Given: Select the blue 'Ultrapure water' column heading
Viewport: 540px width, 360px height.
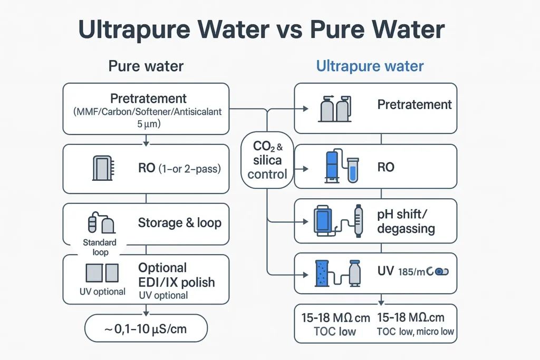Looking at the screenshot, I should (370, 66).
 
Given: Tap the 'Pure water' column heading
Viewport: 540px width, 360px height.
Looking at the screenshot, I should (146, 66).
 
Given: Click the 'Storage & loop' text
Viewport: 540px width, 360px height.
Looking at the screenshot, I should (179, 222).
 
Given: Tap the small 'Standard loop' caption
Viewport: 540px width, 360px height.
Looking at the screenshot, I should (100, 247).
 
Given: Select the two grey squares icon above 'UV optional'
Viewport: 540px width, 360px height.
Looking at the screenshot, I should (102, 273).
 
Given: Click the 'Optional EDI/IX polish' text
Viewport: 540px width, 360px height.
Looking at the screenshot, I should (176, 275).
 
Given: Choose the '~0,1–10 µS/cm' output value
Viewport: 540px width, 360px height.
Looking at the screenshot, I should (146, 330).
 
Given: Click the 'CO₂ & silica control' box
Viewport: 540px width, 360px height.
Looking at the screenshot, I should (267, 160).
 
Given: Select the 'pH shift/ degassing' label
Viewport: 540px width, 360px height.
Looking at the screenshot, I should (406, 222).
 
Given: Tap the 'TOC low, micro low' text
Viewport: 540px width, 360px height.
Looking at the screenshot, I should (416, 332).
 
